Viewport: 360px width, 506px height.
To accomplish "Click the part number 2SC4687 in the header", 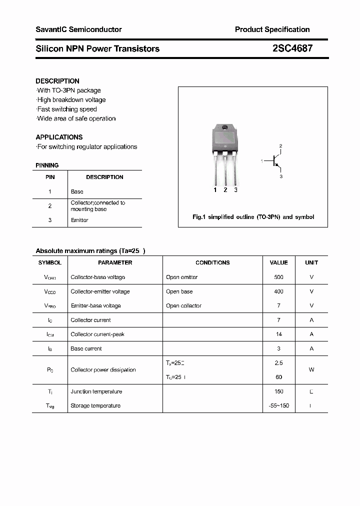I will (293, 48).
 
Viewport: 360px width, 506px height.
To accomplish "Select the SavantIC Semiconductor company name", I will (78, 29).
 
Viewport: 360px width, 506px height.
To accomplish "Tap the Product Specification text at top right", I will (272, 29).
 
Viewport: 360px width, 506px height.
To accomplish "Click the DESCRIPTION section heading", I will (57, 81).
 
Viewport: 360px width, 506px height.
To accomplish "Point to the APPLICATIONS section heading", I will (59, 137).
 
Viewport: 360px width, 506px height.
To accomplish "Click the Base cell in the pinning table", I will (77, 191).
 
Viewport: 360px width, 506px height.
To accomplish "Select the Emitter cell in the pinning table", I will (79, 220).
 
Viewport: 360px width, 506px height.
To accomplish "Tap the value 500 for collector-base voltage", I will (278, 277).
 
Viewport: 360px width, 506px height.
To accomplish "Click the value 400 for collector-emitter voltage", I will (278, 291).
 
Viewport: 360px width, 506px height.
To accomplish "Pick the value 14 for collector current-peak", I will (278, 334).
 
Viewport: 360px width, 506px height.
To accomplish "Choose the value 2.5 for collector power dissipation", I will (278, 362).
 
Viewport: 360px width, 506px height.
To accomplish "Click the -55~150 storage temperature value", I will (278, 405).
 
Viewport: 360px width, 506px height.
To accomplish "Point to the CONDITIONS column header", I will (212, 262).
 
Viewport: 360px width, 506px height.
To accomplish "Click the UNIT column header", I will (311, 262).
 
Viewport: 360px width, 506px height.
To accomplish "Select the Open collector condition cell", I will (183, 305).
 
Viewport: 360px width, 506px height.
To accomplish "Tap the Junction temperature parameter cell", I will (96, 391).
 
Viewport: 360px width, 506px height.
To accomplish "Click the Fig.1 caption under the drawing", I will (253, 217).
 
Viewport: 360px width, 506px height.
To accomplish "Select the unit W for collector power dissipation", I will (311, 369).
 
